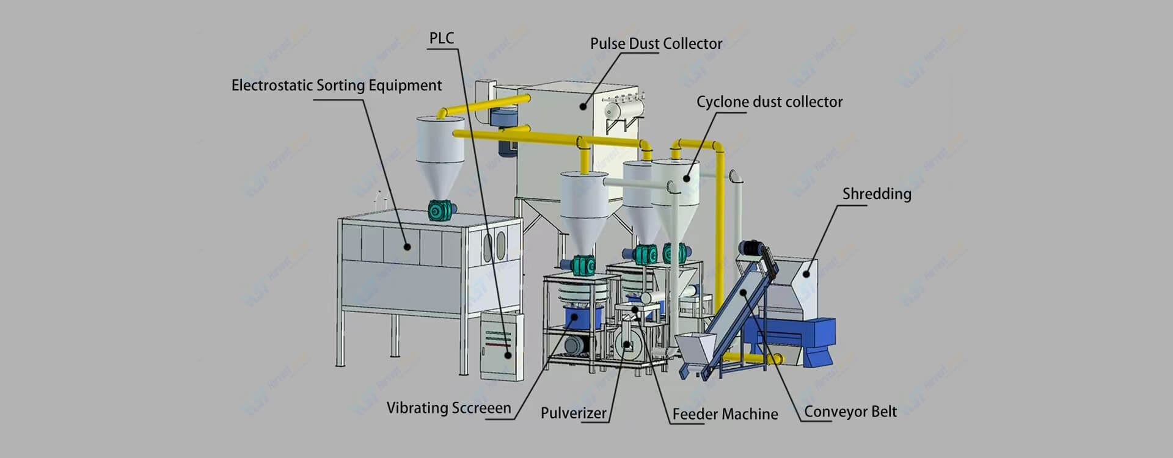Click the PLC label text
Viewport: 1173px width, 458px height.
coord(441,38)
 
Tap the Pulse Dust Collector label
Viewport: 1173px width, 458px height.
coord(656,44)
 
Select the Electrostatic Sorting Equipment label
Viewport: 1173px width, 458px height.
coord(336,85)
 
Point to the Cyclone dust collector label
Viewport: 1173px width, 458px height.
coord(769,102)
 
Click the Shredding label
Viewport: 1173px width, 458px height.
coord(876,194)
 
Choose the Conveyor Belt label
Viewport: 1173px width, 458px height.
coord(850,412)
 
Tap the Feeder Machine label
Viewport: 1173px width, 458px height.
coord(725,414)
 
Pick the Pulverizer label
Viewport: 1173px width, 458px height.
coord(573,413)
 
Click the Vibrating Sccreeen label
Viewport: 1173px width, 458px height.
coord(448,408)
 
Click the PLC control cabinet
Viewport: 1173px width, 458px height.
coord(501,345)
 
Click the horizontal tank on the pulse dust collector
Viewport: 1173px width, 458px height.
coord(623,109)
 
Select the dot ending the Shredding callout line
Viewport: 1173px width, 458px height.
coord(806,274)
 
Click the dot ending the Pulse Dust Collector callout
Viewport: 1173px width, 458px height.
coord(583,106)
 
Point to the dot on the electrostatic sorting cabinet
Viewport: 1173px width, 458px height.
coord(407,247)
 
